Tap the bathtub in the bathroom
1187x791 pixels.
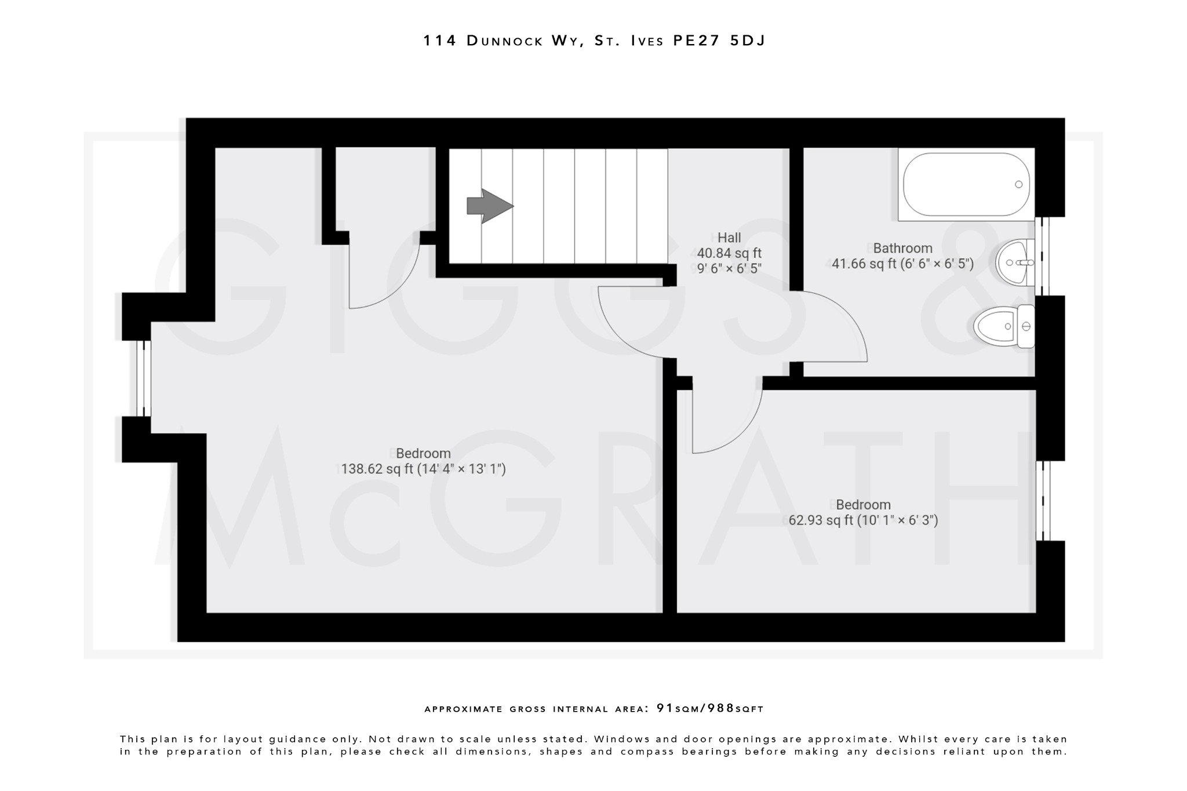tap(966, 184)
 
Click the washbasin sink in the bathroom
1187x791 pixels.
tap(1015, 263)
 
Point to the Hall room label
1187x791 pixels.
tap(729, 238)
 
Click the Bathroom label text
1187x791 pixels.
tap(902, 248)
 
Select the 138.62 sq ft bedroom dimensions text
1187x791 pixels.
tap(423, 469)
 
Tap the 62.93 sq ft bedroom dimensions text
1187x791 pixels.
tap(863, 520)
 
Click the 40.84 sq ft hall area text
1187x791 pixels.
tap(729, 253)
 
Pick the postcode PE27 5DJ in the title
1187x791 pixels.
tap(719, 41)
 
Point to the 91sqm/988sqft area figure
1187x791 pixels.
tap(710, 708)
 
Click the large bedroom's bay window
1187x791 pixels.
tap(144, 378)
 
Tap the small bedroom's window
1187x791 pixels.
tap(1043, 501)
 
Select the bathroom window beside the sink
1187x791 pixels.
tap(1042, 256)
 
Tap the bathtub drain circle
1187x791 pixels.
tap(1018, 184)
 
